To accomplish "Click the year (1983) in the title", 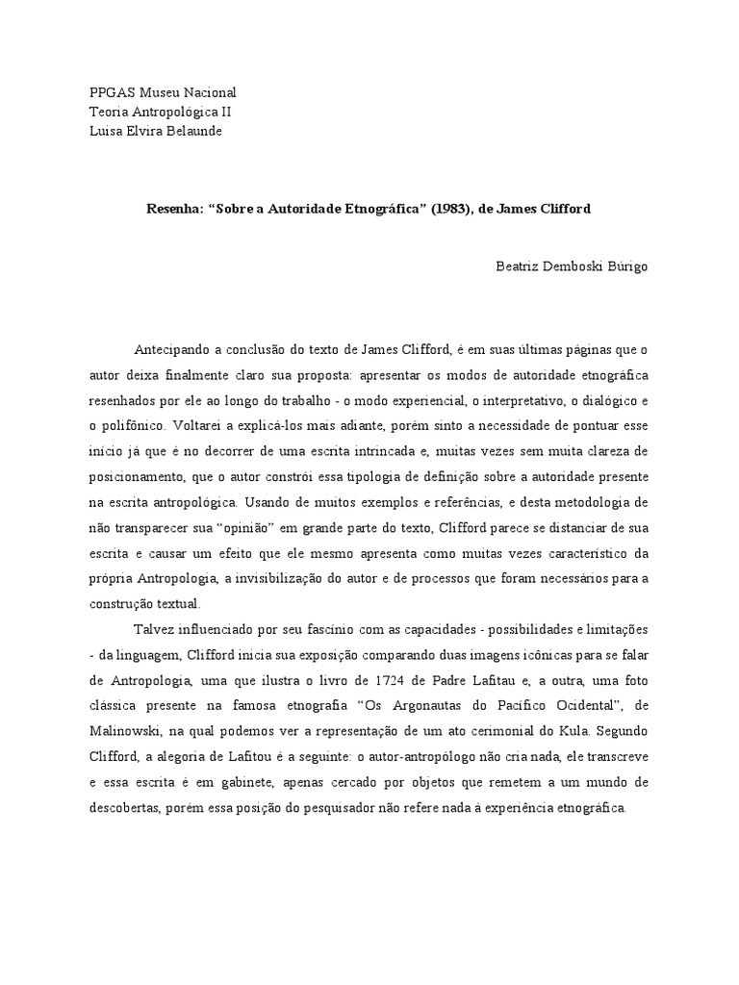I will [x=461, y=208].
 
